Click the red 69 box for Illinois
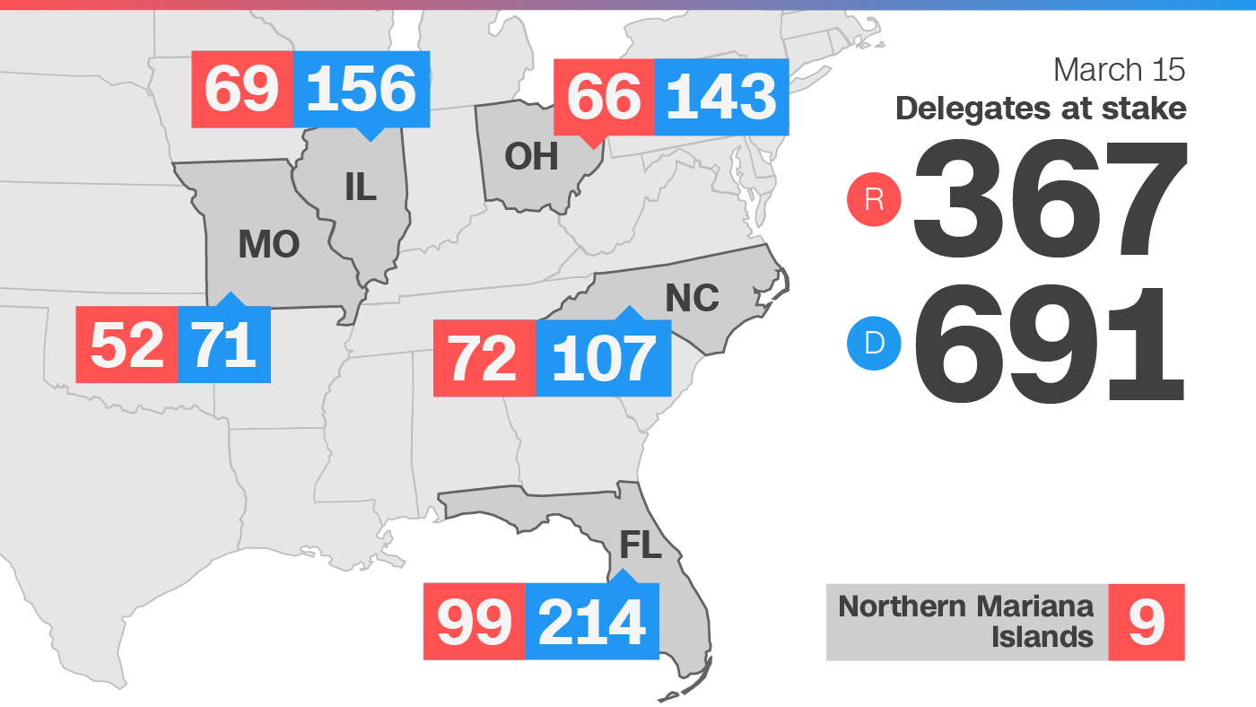[242, 89]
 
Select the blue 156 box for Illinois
[362, 89]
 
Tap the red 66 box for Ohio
[604, 97]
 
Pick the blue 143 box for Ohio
[721, 97]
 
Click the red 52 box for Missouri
[127, 345]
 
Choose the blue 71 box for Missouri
[224, 345]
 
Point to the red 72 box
[484, 358]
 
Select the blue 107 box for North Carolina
[603, 358]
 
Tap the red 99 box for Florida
[474, 621]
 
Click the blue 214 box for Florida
[592, 621]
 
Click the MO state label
[268, 244]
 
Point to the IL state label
[361, 187]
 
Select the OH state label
[531, 156]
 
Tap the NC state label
[692, 298]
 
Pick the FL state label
[641, 544]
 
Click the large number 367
[1050, 199]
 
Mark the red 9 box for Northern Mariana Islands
[1147, 622]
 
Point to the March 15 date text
[1120, 69]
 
